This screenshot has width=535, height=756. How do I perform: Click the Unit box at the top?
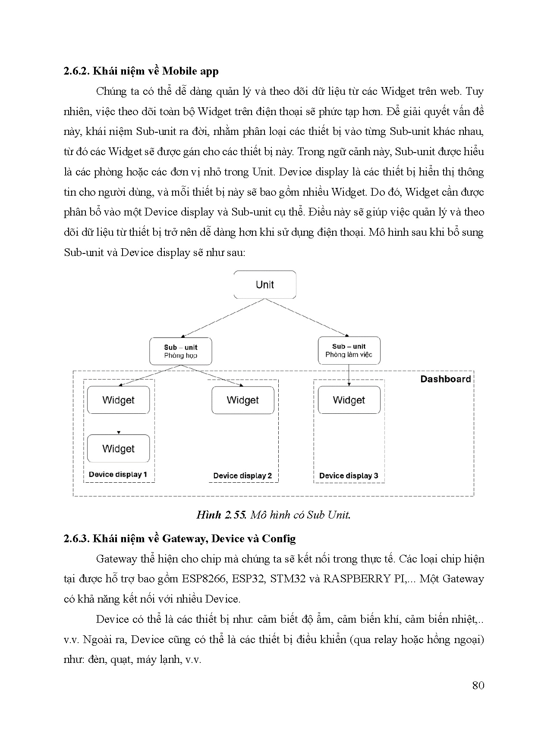click(x=265, y=284)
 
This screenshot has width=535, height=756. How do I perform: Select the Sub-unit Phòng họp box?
click(x=180, y=351)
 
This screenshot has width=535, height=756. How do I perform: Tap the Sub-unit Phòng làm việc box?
click(x=349, y=350)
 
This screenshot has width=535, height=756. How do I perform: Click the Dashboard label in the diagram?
click(x=445, y=379)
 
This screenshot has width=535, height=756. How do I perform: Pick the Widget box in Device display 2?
click(x=242, y=400)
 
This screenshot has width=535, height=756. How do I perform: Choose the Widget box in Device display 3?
click(x=349, y=400)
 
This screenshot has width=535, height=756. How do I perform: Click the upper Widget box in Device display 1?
click(x=118, y=400)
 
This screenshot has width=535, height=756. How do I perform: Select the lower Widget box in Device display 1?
click(x=118, y=449)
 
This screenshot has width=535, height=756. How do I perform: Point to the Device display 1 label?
click(x=118, y=475)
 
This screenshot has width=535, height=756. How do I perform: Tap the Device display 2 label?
click(x=242, y=476)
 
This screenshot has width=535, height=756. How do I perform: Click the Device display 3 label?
click(x=349, y=476)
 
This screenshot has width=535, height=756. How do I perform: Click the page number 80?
click(x=478, y=685)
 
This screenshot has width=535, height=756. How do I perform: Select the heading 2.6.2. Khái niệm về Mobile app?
click(x=141, y=71)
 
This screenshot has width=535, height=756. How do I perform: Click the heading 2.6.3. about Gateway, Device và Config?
click(x=179, y=538)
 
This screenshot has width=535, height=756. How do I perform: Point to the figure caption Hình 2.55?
click(x=273, y=515)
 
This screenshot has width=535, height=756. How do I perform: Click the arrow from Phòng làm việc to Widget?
click(x=349, y=375)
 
